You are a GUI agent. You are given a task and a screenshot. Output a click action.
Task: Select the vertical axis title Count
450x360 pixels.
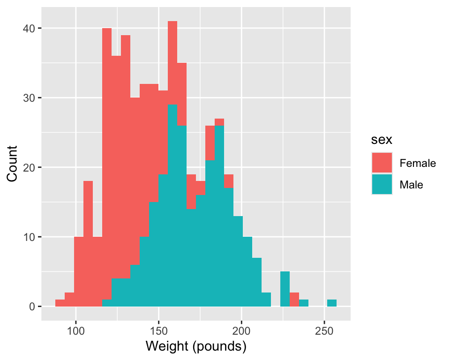pos(13,163)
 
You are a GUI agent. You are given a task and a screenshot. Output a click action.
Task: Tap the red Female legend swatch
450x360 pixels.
pos(382,163)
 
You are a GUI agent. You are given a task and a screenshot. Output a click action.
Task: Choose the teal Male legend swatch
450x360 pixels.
pos(382,185)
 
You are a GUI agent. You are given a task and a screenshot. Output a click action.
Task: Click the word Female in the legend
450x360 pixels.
pos(418,164)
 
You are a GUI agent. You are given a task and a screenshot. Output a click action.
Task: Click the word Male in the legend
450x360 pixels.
pos(411,185)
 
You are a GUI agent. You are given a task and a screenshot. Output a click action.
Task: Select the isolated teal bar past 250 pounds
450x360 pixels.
pos(332,303)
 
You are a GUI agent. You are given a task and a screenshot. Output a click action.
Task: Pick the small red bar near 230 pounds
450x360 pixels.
pos(294,296)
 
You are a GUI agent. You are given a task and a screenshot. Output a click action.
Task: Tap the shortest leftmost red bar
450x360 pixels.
pos(60,303)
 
